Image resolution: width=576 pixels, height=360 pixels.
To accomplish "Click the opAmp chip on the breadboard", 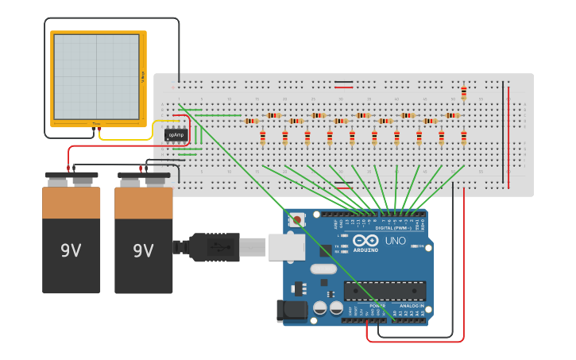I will click(176, 135).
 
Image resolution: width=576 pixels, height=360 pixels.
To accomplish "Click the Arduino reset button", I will click(297, 219).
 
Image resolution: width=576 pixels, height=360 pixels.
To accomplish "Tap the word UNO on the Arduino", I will click(396, 240).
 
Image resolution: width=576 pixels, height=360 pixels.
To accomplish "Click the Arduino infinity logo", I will click(366, 240).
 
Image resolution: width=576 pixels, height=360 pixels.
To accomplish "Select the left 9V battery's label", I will click(71, 250).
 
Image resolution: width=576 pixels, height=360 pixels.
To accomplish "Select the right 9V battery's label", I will click(143, 250).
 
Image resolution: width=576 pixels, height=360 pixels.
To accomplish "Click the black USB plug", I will click(213, 247).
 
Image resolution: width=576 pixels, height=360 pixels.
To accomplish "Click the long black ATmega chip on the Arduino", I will click(385, 291).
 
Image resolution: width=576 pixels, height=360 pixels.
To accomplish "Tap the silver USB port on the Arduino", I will click(286, 247).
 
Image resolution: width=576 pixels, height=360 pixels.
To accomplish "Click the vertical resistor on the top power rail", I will click(464, 93).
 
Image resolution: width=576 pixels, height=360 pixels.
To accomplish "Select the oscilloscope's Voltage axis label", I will click(143, 77).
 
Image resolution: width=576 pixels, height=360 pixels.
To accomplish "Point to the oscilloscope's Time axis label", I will click(97, 123).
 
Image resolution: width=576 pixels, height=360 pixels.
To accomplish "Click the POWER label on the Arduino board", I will click(377, 306).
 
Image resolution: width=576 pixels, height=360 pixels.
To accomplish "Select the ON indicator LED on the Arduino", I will click(416, 246).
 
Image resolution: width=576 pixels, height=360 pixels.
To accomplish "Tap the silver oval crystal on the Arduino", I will click(323, 269).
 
